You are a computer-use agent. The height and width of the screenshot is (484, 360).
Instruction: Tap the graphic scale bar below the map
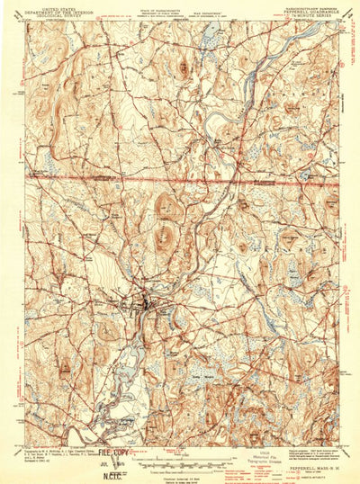click(x=180, y=456)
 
